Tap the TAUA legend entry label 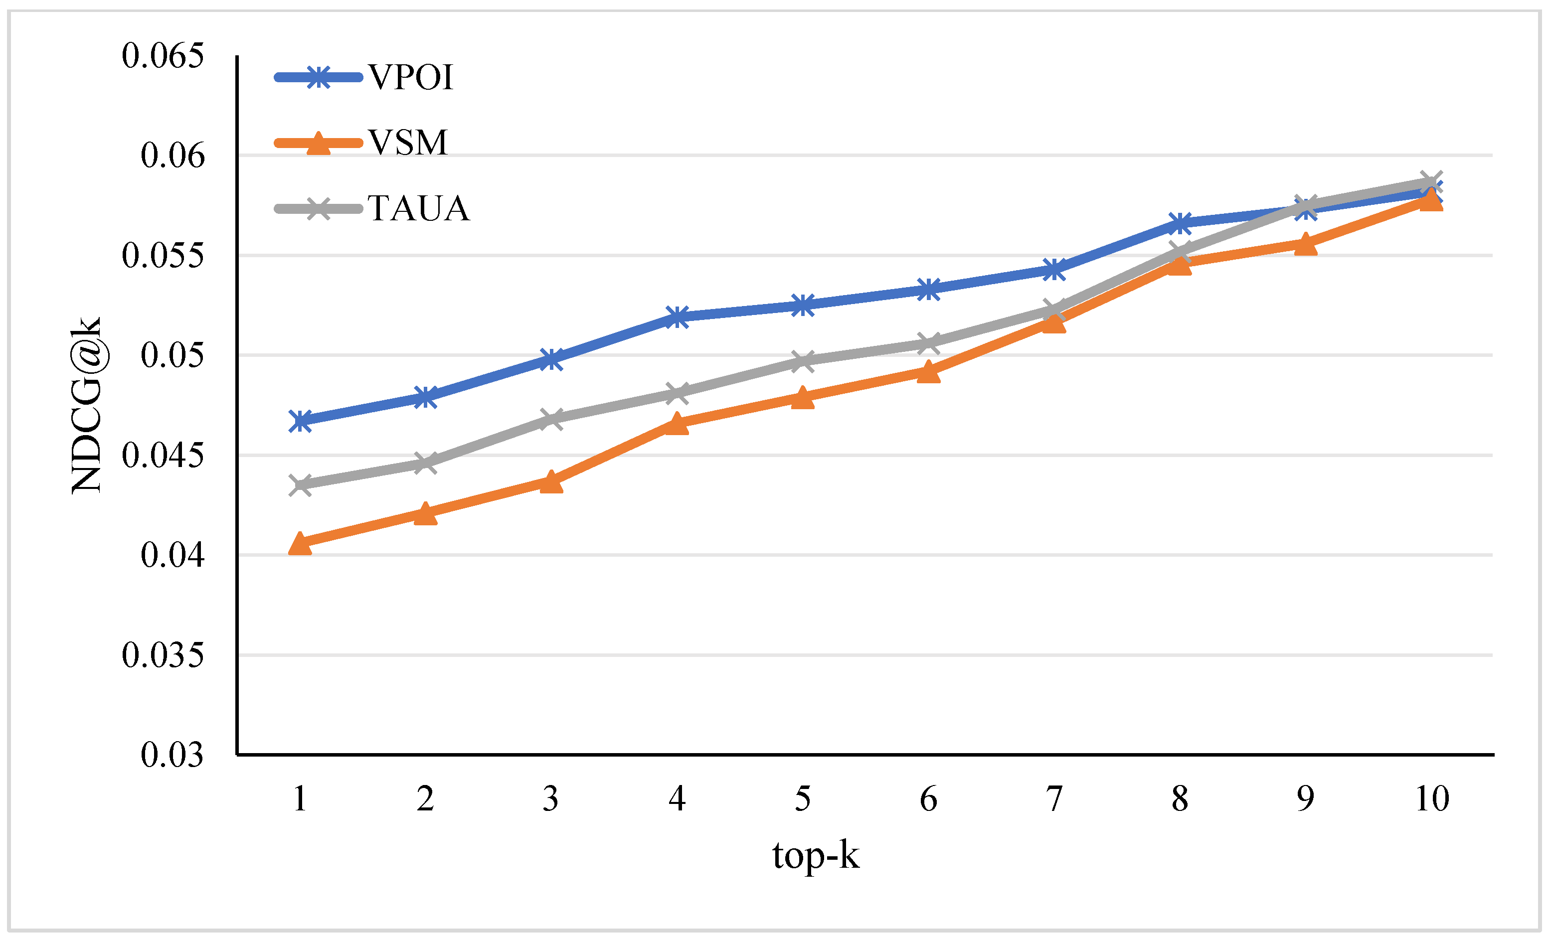(x=419, y=208)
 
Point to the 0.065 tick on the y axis (x=163, y=55)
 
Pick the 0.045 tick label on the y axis (x=163, y=455)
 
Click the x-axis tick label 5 (x=803, y=799)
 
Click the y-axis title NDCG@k (x=86, y=405)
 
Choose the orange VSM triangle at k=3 (x=551, y=481)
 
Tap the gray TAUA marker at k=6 (x=928, y=343)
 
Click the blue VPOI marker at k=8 (x=1180, y=223)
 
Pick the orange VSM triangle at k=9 (x=1306, y=244)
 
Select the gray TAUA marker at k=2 (x=426, y=463)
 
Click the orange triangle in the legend (x=319, y=144)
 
